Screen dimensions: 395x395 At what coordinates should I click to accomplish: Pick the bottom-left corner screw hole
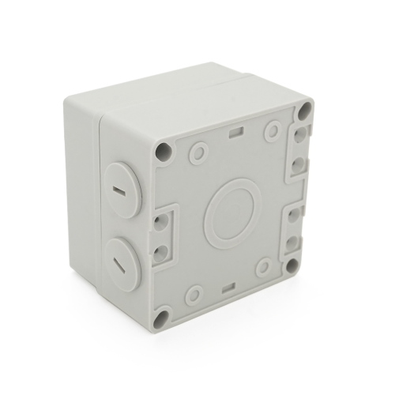163,317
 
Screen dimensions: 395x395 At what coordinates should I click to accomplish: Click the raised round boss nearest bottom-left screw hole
194,296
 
